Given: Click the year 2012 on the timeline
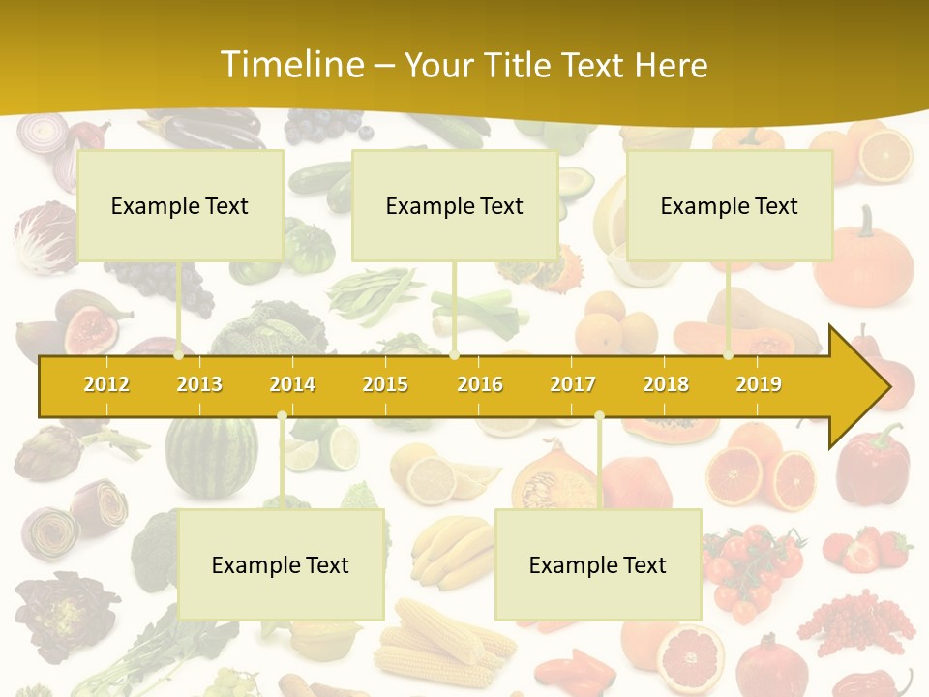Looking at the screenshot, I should tap(106, 384).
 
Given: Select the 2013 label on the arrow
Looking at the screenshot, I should tap(199, 384).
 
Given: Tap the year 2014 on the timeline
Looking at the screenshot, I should tap(292, 384).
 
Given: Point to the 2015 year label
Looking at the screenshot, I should tap(385, 384).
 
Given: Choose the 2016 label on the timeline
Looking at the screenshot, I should tap(480, 384).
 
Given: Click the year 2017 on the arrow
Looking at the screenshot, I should tap(573, 384).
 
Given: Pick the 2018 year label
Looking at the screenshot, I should tap(666, 384).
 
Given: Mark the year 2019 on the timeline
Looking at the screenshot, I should tap(759, 384).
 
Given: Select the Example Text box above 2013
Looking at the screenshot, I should tap(180, 205).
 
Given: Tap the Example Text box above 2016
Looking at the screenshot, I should tap(455, 205).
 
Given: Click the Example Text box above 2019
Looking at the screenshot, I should tap(730, 205).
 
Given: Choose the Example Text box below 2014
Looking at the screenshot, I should tap(281, 564).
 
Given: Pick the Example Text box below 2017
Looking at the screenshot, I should tap(598, 564).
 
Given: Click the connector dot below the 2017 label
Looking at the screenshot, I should tap(599, 416).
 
